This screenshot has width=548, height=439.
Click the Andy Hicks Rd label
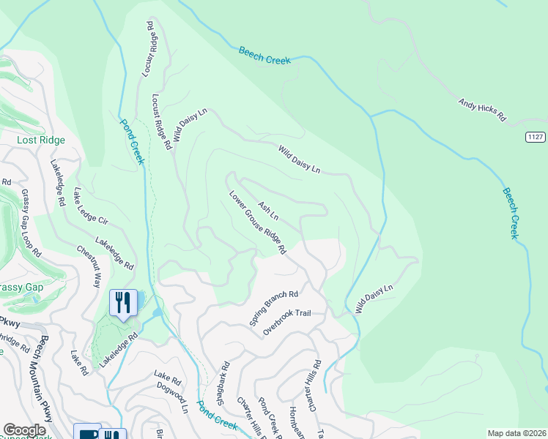(x=482, y=110)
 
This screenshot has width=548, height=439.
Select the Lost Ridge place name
(x=42, y=140)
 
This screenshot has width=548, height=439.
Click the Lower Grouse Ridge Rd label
(x=257, y=223)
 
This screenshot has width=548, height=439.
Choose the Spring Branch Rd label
(x=274, y=308)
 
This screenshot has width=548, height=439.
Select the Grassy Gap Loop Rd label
(x=30, y=223)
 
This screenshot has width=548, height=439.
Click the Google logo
(x=24, y=430)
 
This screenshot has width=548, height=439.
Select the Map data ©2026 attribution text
(x=516, y=433)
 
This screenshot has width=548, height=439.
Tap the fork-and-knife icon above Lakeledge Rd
(x=123, y=301)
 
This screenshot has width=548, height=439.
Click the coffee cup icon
(x=87, y=434)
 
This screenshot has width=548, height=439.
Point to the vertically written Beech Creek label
(x=510, y=213)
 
